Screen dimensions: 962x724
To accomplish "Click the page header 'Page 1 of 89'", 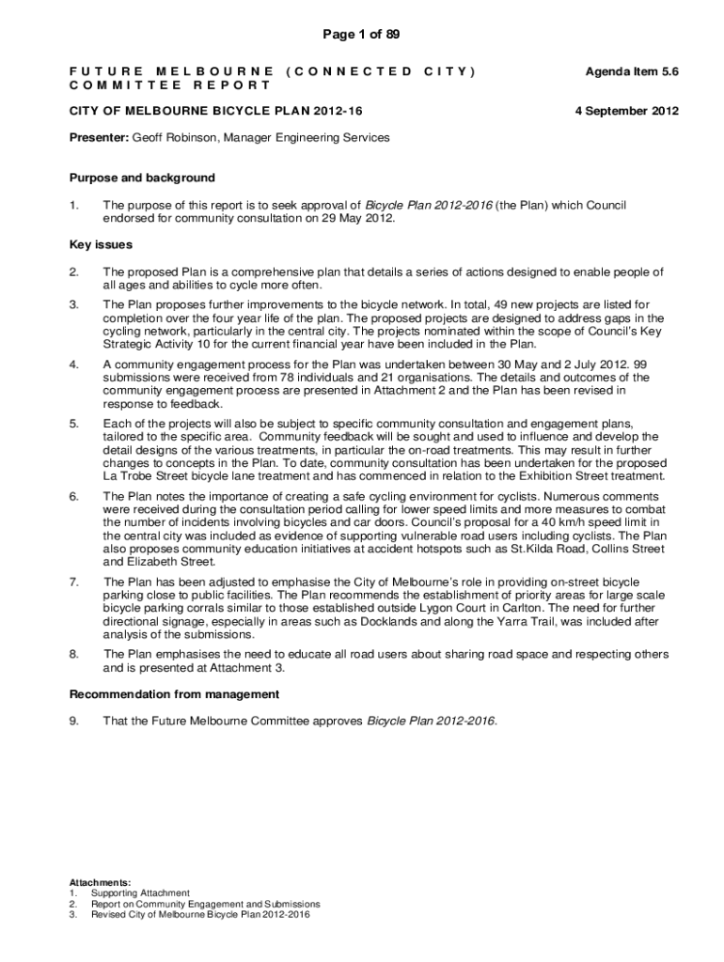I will pyautogui.click(x=361, y=35).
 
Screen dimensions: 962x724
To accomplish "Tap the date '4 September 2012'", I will pyautogui.click(x=626, y=111).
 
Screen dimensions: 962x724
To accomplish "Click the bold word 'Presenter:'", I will pyautogui.click(x=99, y=138).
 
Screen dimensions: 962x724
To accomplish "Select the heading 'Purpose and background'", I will pyautogui.click(x=142, y=178).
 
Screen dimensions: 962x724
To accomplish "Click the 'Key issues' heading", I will pyautogui.click(x=101, y=244).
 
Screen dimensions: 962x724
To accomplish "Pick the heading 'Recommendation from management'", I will pyautogui.click(x=174, y=694).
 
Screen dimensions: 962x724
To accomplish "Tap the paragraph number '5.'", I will pyautogui.click(x=74, y=424).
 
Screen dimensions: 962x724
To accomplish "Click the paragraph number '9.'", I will pyautogui.click(x=74, y=721).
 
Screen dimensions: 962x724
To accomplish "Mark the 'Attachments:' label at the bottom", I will pyautogui.click(x=101, y=882).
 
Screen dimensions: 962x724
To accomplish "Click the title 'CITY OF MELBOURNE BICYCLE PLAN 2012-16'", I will pyautogui.click(x=216, y=111).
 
